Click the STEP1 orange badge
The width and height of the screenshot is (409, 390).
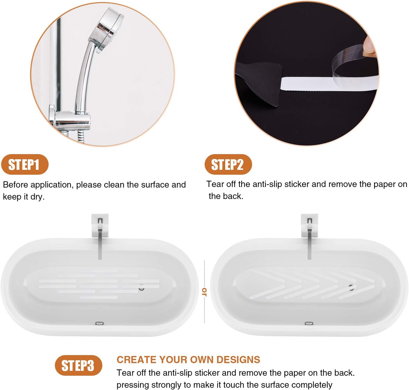25,164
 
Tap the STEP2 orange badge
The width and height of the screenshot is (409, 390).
228,164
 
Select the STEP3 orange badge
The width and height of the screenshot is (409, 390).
78,365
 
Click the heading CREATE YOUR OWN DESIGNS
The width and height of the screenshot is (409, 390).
188,359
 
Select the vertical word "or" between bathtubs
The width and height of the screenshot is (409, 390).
204,292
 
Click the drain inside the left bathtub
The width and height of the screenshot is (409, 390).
141,288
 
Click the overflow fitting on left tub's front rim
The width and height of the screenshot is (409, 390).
99,323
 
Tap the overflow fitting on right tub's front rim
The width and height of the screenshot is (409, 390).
309,323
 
